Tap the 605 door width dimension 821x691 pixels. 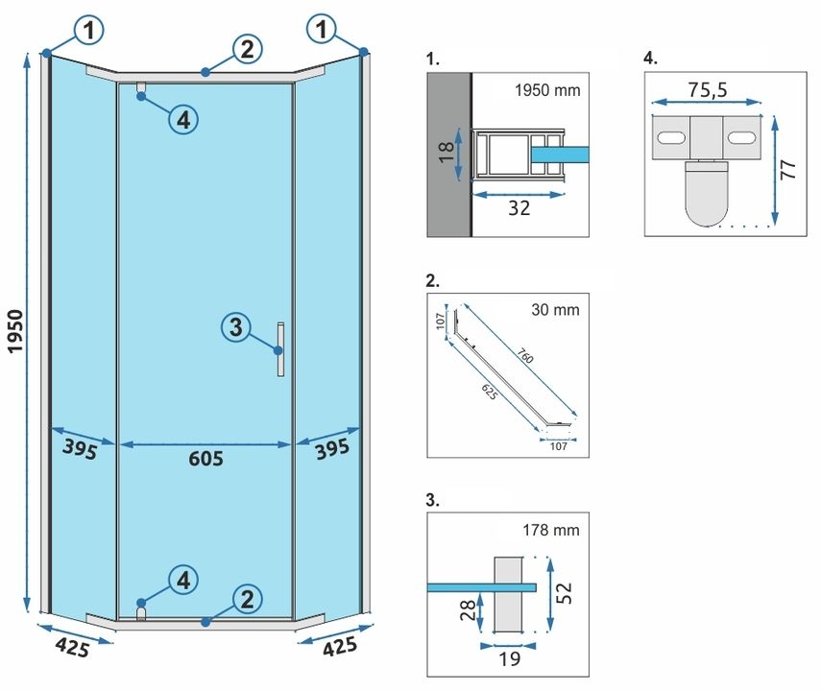coord(205,459)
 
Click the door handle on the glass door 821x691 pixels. coord(280,349)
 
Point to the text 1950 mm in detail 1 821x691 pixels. coord(547,91)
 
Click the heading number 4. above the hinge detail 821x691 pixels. coord(650,59)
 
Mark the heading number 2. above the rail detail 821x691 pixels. coord(432,281)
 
